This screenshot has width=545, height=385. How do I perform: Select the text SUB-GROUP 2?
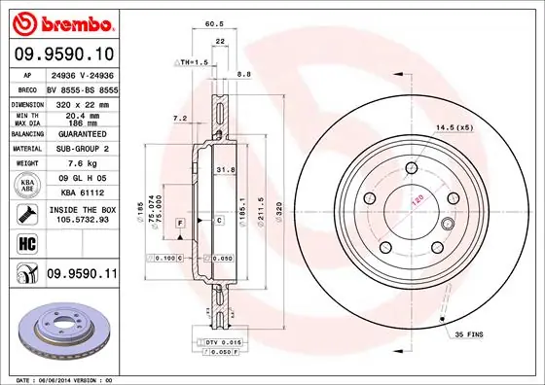click(81, 149)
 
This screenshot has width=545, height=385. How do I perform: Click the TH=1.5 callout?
click(192, 61)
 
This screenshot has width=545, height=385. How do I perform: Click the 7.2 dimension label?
click(179, 118)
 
